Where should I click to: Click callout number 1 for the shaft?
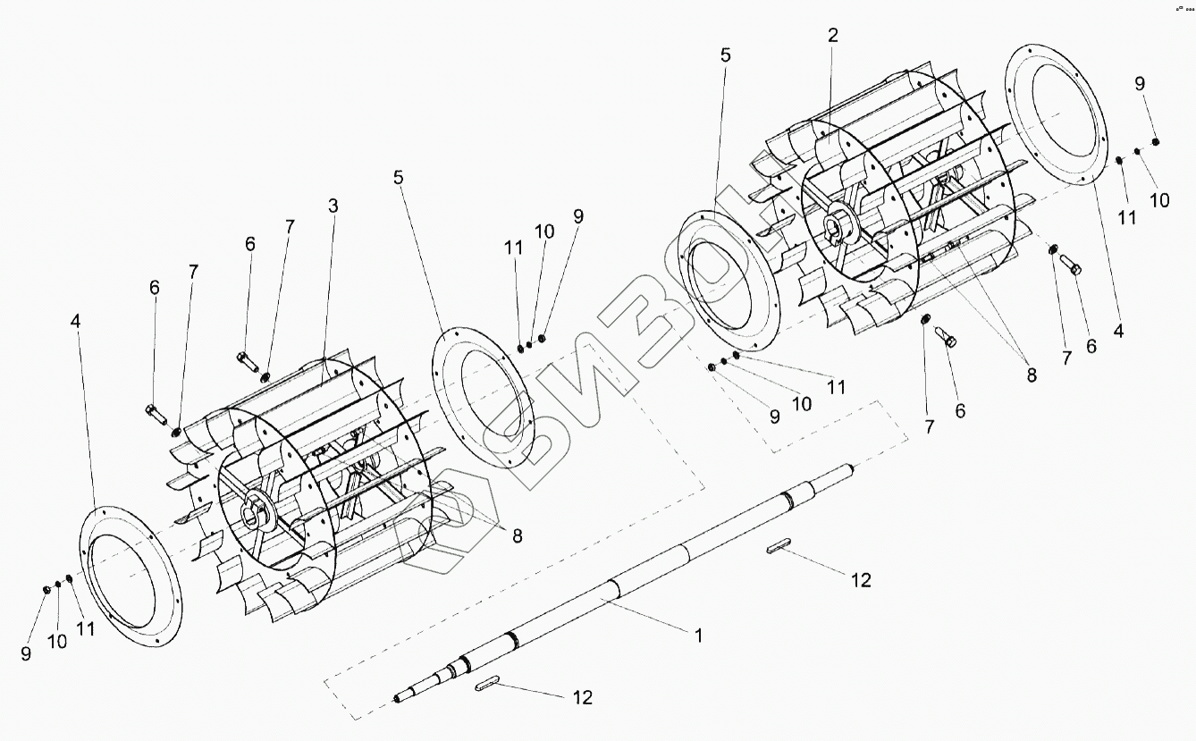[699, 636]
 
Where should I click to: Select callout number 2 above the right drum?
[833, 36]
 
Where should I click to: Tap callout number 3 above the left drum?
[333, 206]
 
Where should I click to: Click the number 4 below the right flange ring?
[1118, 330]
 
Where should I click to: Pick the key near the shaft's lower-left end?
[488, 685]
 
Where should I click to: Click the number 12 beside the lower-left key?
[582, 697]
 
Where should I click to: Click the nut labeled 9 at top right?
[1155, 142]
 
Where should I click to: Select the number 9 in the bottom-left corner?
[26, 653]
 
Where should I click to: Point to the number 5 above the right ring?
[725, 55]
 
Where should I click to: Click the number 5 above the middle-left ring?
[398, 177]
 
